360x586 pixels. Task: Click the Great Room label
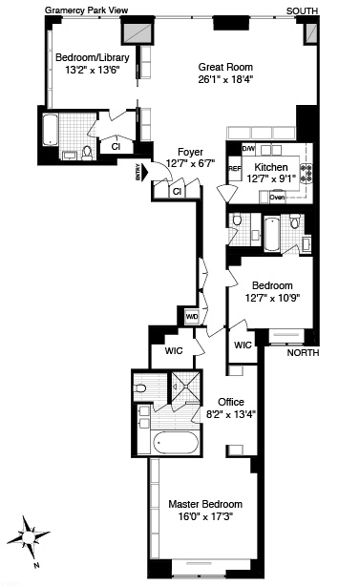point(225,67)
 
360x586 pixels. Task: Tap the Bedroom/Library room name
point(93,57)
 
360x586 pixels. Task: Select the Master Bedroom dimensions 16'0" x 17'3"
point(205,517)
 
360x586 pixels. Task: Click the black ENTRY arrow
point(145,173)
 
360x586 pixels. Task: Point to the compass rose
point(28,537)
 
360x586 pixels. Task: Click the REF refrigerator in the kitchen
point(235,169)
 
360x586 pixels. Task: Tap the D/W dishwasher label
point(248,149)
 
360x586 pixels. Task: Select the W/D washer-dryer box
point(192,317)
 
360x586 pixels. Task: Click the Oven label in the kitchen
point(277,197)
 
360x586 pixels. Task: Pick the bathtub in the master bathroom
point(176,443)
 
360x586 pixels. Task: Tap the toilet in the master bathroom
point(139,388)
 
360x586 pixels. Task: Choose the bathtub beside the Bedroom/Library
point(50,130)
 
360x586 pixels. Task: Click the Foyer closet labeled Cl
point(177,192)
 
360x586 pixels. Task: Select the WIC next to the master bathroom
point(174,351)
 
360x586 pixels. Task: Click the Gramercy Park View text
point(86,10)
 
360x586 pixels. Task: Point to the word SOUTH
point(302,11)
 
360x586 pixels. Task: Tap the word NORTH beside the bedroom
point(303,353)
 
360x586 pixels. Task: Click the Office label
point(231,402)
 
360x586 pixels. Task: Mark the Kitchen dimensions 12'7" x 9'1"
point(272,179)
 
